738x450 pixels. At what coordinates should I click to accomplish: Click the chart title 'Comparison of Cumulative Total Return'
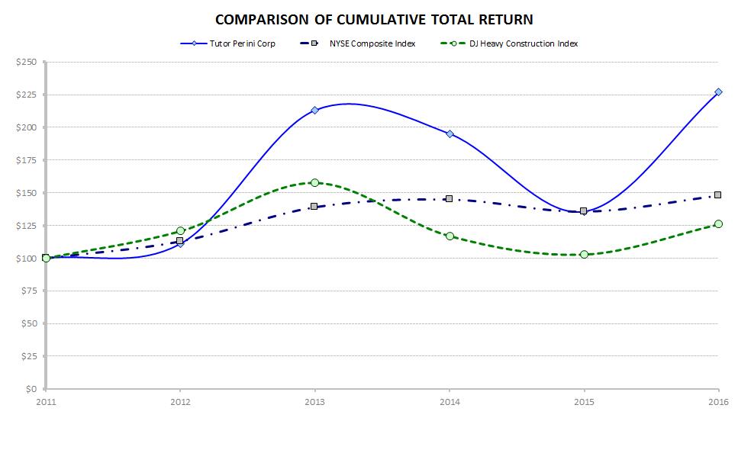[x=373, y=18]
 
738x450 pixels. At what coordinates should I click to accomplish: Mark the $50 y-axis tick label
[x=29, y=323]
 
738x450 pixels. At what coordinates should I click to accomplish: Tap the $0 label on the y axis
[x=33, y=389]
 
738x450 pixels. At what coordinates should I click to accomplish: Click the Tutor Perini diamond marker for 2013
[x=314, y=110]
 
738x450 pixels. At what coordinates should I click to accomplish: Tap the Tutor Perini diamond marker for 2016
[x=718, y=92]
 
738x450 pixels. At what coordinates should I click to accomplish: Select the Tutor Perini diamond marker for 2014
[x=450, y=133]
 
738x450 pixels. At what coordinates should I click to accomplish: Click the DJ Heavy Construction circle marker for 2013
[x=314, y=182]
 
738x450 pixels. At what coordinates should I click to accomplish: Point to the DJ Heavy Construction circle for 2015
[x=584, y=254]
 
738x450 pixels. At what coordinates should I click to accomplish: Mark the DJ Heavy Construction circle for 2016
[x=718, y=224]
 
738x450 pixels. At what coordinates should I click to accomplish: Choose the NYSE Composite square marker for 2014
[x=450, y=198]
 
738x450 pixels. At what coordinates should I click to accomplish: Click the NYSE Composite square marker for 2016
[x=718, y=194]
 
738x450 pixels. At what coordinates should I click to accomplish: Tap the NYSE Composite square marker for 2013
[x=314, y=206]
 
